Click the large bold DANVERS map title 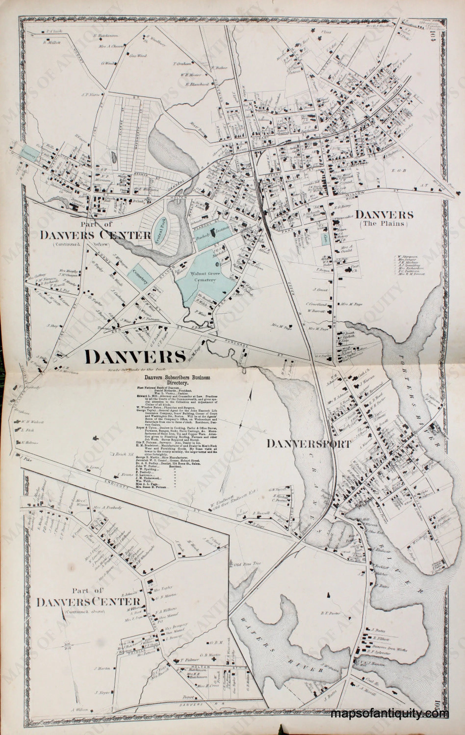click(136, 357)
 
